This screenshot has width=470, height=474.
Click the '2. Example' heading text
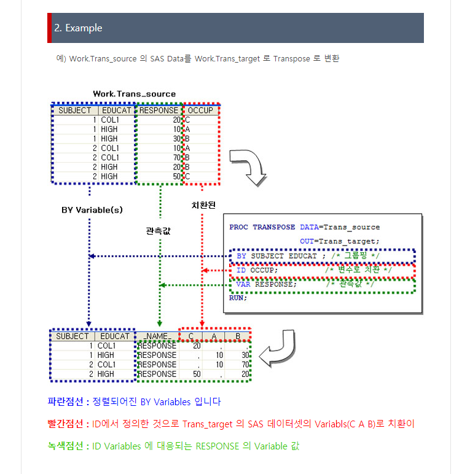78,28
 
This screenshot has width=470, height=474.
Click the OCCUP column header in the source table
200,111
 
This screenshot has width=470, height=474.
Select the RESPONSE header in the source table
159,111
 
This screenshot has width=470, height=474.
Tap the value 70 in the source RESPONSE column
176,158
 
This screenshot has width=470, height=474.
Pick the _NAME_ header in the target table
157,336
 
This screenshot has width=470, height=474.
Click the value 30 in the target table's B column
245,355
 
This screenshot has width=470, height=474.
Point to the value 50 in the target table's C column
197,375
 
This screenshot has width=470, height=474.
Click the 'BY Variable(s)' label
92,210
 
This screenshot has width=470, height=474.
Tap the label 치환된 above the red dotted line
203,205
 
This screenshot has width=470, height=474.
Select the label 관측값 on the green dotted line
158,231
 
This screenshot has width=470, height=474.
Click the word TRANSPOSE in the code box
274,227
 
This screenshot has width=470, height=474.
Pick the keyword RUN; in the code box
238,298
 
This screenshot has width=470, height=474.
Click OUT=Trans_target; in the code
339,241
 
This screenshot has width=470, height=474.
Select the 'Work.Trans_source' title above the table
135,94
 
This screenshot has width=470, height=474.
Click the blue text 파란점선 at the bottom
65,402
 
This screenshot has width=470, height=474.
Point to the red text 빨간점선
65,424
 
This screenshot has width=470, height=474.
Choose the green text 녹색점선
65,446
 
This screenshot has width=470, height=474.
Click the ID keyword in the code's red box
241,270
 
